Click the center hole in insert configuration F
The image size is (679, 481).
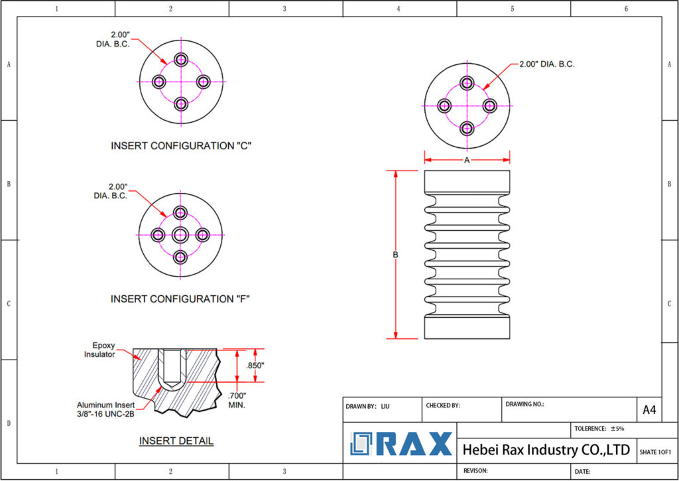coord(181,234)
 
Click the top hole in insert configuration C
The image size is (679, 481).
coord(181,60)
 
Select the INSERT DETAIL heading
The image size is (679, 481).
coord(176,441)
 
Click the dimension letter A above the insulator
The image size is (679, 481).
coord(467,160)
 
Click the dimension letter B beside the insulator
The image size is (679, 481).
coord(395,255)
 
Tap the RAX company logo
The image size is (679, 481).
coord(402,444)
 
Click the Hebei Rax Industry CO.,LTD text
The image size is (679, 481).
coord(546,450)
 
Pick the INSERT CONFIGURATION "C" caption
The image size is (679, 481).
coord(181,145)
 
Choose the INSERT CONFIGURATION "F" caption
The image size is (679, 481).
coord(180,299)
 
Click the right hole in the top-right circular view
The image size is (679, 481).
coord(489,105)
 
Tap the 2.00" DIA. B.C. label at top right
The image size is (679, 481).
coord(546,64)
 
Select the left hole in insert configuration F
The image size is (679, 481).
coord(158,234)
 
